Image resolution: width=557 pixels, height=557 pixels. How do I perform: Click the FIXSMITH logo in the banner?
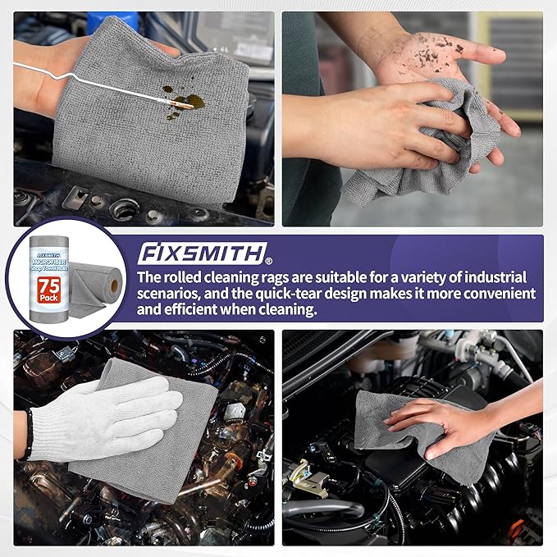[203, 252]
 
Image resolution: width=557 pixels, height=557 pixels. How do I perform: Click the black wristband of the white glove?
[30, 433]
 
